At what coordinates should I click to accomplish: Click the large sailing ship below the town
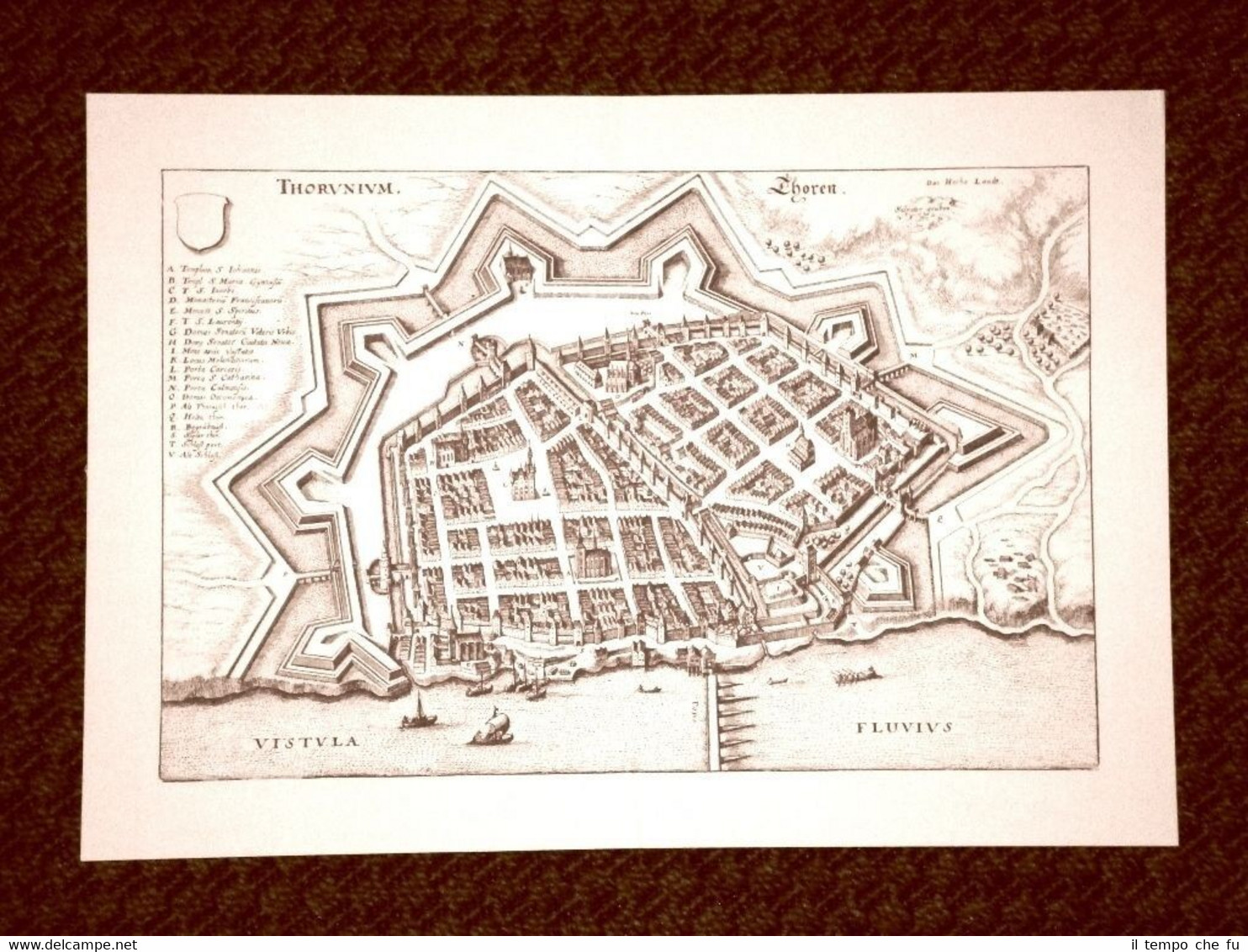tap(490, 727)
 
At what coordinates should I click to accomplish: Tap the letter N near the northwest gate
tap(462, 344)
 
